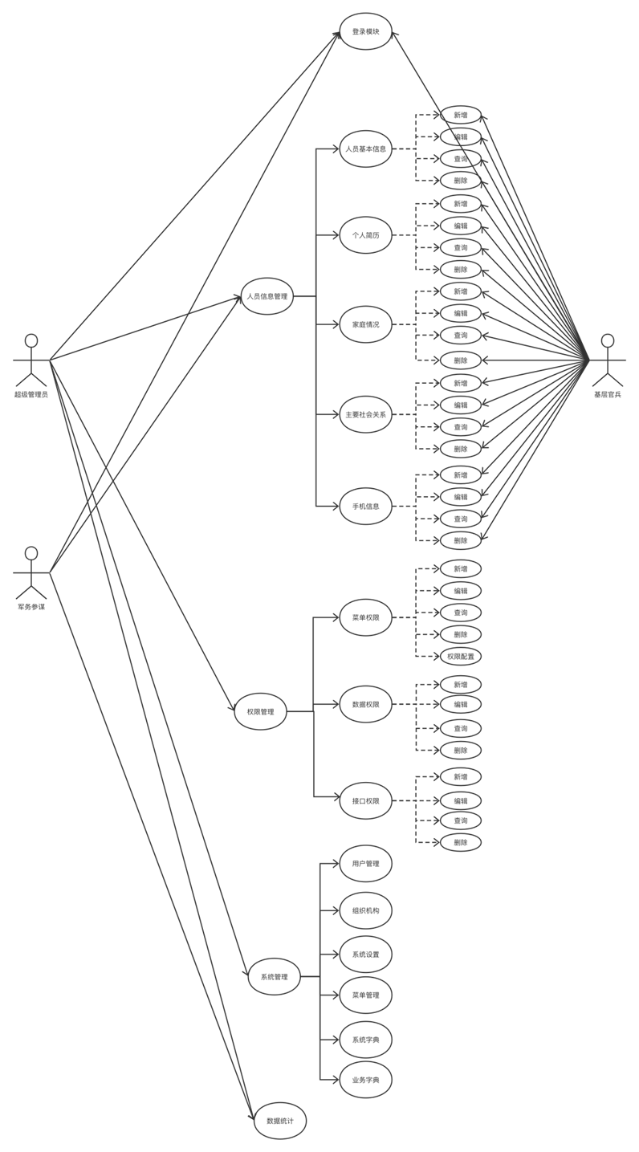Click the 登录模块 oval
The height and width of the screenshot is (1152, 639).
click(365, 32)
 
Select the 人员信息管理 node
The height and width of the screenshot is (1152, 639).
click(267, 296)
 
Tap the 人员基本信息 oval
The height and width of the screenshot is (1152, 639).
click(365, 149)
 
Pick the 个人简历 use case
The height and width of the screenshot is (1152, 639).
click(365, 236)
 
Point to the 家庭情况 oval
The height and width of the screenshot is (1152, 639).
click(365, 324)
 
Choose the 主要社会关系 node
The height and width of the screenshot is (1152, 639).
click(365, 414)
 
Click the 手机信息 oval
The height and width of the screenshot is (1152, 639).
click(365, 506)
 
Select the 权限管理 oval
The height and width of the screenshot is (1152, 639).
click(261, 711)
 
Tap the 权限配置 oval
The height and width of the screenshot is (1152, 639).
click(460, 656)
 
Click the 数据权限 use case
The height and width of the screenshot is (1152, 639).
click(365, 704)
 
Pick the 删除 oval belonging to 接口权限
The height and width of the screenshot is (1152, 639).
click(460, 842)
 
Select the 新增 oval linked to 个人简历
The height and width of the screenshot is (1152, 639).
click(460, 204)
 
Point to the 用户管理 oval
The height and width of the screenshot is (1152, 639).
click(365, 864)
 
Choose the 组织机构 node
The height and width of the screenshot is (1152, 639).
click(365, 910)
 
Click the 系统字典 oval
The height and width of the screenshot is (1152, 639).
click(365, 1040)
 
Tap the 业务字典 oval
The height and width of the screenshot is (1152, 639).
click(365, 1081)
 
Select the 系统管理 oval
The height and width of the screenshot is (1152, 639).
click(274, 977)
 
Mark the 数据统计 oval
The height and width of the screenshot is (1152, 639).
click(280, 1121)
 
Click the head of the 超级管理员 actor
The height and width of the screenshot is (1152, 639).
click(31, 340)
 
